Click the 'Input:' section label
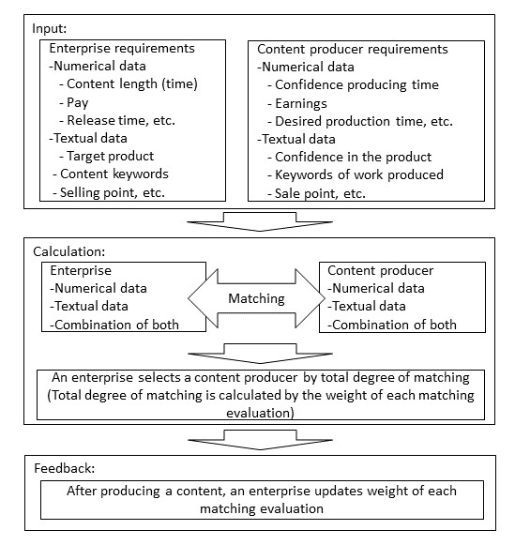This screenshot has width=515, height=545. pos(49,28)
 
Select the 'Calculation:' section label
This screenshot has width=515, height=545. pos(68,251)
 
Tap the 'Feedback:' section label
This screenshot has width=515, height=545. pos(65,468)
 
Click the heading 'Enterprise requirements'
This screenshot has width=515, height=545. pos(122,49)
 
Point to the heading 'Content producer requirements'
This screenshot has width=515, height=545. pos(353,50)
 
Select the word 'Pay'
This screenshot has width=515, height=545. pos(78,102)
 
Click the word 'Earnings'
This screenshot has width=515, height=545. pos(301,103)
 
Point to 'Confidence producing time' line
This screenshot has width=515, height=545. pos(356,85)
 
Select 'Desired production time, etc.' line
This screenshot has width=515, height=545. pos(364,121)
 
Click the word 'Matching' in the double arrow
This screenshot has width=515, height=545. pos(256,298)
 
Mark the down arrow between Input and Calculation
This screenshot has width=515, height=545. pos(260,221)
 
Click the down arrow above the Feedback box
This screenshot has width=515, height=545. pos(260,440)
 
